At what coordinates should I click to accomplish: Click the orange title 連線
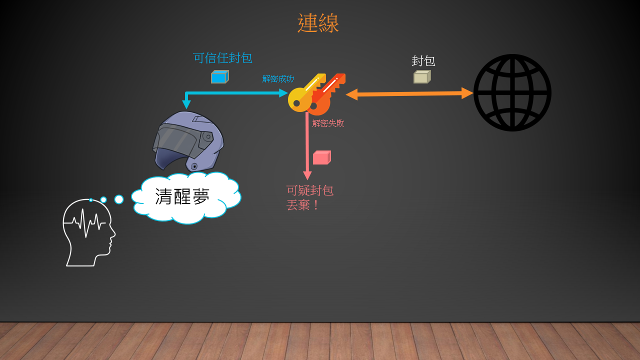318,23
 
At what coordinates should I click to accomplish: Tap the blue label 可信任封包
222,58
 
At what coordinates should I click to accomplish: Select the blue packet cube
219,76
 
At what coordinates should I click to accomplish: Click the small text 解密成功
278,79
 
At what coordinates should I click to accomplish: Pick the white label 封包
423,61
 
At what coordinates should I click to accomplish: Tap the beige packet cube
422,76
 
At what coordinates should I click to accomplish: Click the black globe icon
512,93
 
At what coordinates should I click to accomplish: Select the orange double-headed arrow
409,93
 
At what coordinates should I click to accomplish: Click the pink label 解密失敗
328,123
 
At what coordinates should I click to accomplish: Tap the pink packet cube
322,157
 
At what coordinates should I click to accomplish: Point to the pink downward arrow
307,145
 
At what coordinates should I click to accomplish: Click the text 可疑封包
310,190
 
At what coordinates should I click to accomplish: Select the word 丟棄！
302,205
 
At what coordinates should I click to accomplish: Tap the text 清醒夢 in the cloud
182,196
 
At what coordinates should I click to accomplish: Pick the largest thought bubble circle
119,199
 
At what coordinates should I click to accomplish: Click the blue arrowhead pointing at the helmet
186,104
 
